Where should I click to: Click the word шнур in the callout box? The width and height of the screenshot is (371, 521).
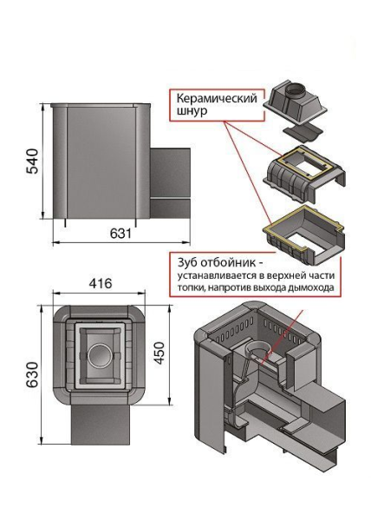point(188,111)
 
